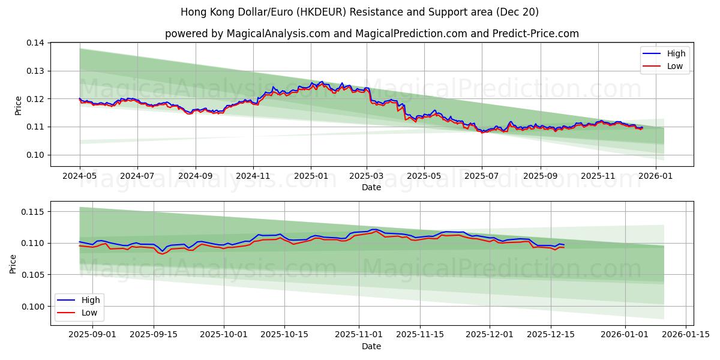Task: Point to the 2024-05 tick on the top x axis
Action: pos(80,176)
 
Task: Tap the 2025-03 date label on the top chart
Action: pos(367,176)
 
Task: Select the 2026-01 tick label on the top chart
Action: pos(655,176)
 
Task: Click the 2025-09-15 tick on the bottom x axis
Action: pos(154,335)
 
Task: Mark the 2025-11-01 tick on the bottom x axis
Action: pos(358,335)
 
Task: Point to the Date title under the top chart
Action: pos(371,187)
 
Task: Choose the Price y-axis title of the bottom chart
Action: pos(13,264)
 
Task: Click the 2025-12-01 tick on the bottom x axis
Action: pos(490,335)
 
